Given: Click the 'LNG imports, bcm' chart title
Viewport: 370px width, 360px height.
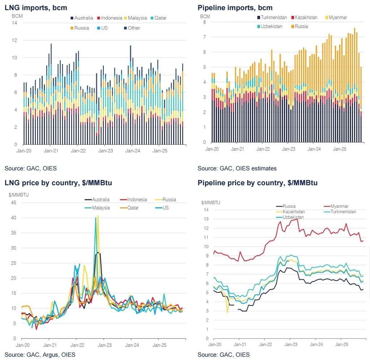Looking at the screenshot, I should tap(36, 8).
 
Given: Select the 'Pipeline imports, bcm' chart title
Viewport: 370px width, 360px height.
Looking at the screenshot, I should tap(235, 8).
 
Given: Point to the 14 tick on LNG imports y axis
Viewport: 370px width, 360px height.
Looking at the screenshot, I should tap(15, 23).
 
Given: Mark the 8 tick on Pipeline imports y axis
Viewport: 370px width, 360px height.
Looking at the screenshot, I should tap(204, 22).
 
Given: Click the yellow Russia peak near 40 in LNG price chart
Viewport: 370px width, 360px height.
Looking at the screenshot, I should tap(98, 216).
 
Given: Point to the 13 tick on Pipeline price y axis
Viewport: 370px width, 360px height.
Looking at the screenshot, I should tap(207, 219).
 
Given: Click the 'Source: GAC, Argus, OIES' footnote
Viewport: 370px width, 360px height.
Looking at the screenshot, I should tap(40, 355).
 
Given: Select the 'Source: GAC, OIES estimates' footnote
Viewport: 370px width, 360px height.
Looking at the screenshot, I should tap(237, 168).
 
